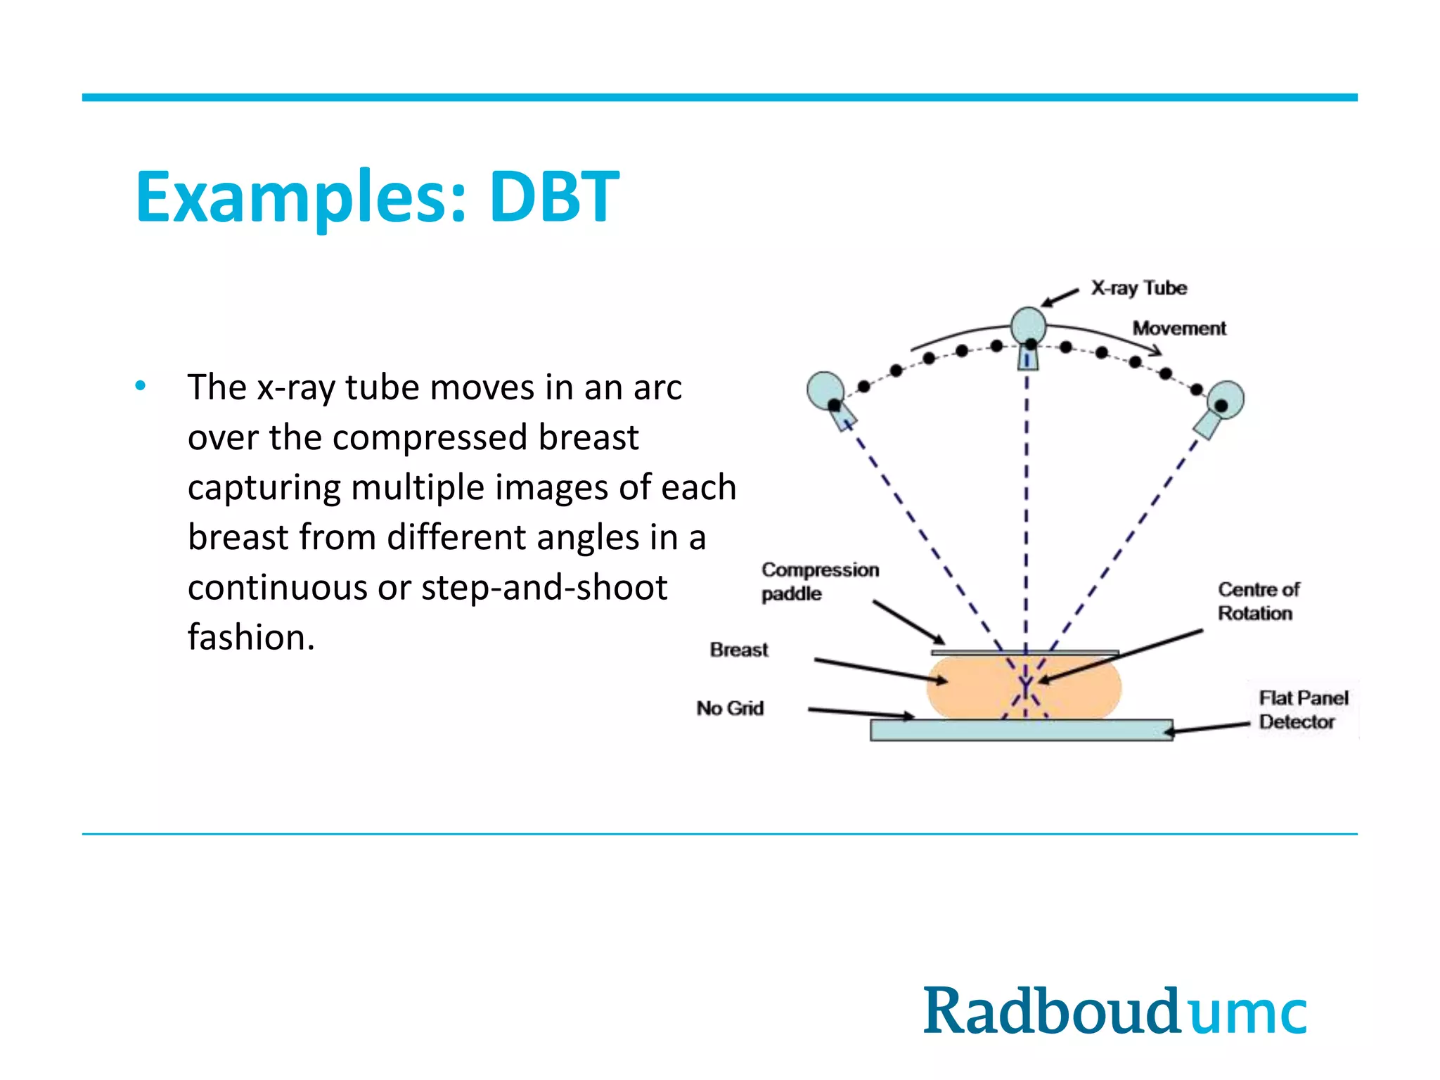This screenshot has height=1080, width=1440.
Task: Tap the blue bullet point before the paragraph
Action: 141,385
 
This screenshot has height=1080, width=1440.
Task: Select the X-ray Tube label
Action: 1138,288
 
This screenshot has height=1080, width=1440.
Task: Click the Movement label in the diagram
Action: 1179,328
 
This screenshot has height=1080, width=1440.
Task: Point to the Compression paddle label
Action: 819,581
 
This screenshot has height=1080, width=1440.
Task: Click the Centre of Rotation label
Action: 1258,601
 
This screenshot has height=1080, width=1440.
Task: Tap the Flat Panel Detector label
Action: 1303,709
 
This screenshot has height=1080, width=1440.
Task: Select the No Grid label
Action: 730,708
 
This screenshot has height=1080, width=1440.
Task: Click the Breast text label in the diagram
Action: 738,650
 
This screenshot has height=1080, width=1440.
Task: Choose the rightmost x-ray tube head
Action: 1226,400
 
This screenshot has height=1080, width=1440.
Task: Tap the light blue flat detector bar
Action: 1020,730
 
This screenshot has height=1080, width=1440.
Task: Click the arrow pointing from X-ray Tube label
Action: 1060,297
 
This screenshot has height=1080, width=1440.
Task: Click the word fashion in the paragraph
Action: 250,637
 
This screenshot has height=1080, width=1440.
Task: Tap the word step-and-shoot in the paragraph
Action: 544,587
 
